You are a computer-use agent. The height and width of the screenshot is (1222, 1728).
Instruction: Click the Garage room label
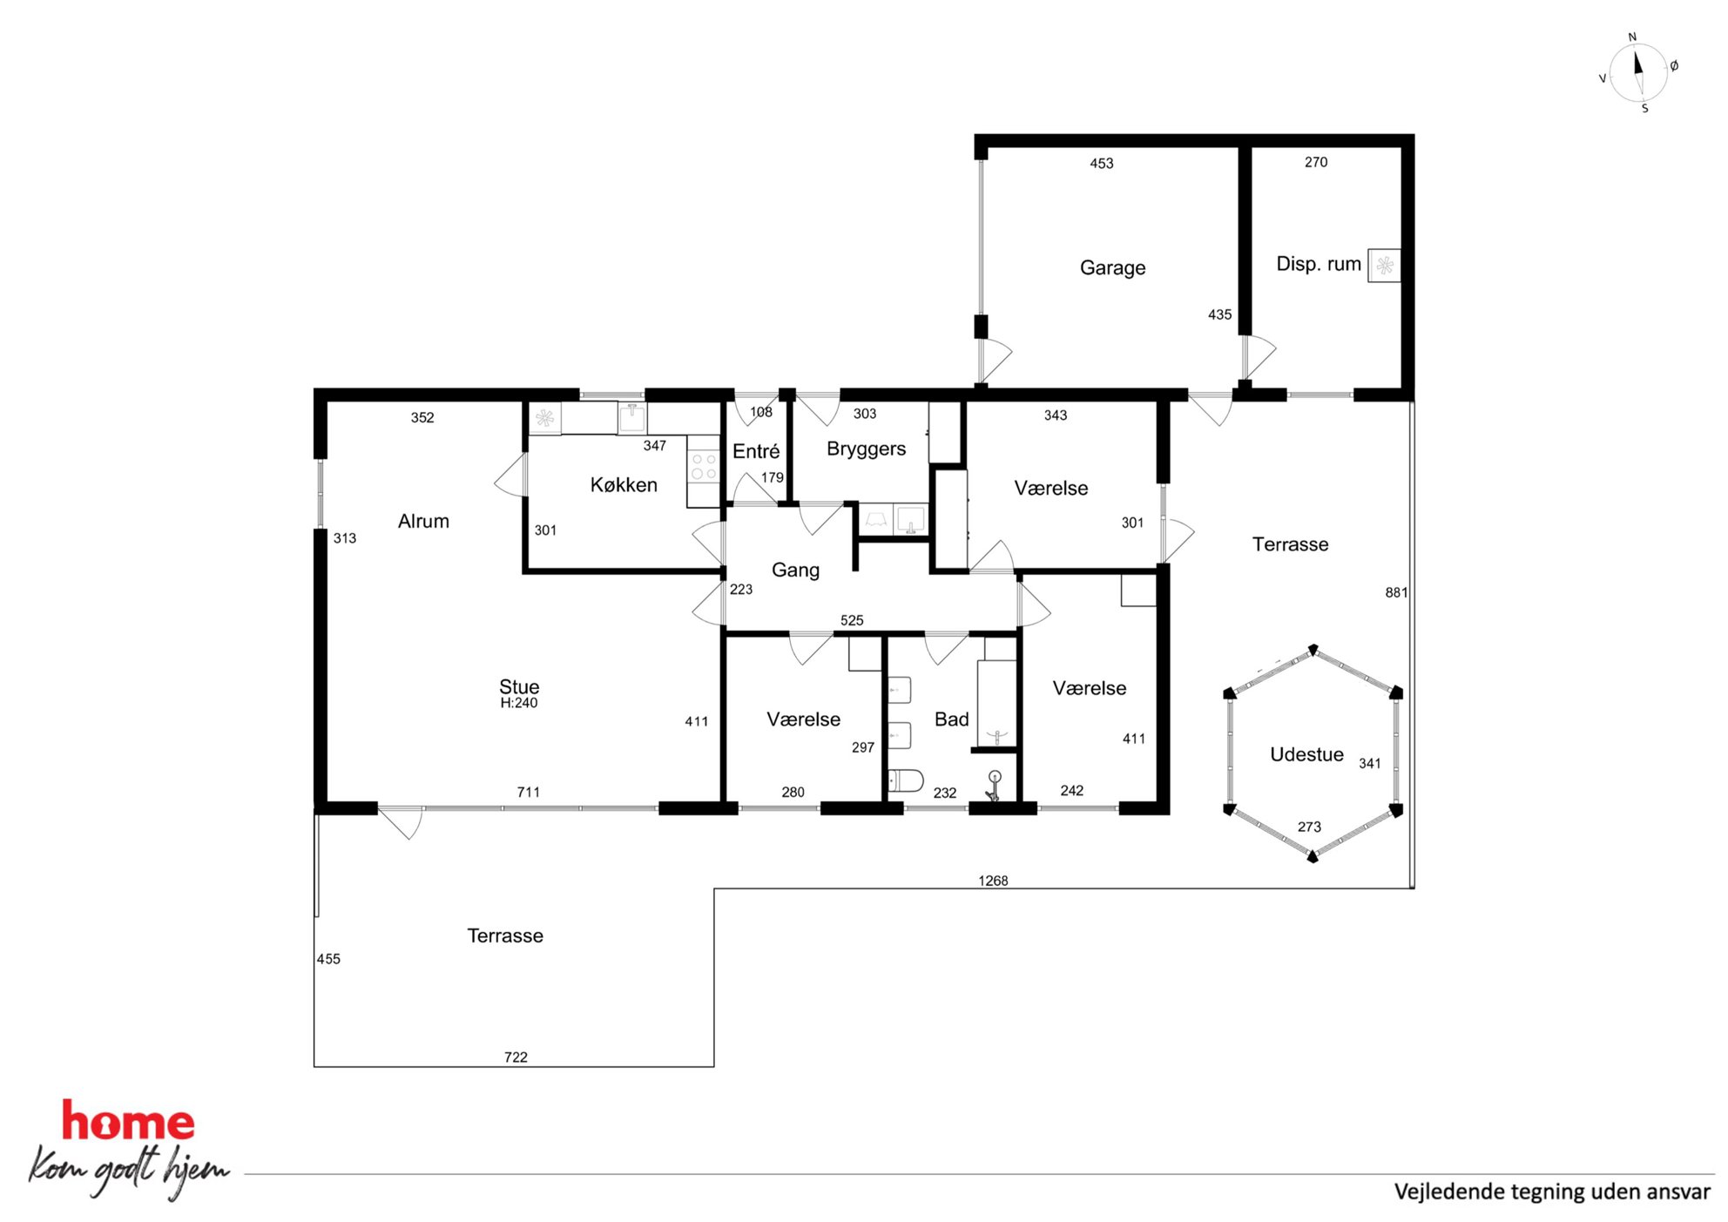[x=1112, y=268]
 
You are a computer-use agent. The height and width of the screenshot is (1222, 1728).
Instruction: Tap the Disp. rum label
[x=1318, y=264]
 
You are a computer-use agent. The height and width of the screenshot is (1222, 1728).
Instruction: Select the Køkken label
[x=624, y=485]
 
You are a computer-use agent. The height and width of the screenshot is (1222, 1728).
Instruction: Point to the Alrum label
[x=423, y=521]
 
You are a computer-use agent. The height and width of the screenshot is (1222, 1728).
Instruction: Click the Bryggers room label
[x=866, y=449]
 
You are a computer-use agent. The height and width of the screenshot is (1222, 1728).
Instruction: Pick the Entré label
[x=756, y=451]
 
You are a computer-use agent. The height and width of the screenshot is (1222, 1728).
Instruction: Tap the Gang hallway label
[x=795, y=570]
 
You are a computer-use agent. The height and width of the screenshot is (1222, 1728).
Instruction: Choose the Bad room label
[x=951, y=719]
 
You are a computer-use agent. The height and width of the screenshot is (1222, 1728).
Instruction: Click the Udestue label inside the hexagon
[x=1306, y=754]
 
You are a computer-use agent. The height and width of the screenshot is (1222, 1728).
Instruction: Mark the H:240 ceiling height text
[x=519, y=703]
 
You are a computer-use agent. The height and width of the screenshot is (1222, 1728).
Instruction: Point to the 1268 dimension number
[x=993, y=881]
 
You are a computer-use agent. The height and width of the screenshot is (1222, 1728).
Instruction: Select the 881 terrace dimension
[x=1396, y=592]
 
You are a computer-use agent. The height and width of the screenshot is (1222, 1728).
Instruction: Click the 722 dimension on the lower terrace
[x=516, y=1057]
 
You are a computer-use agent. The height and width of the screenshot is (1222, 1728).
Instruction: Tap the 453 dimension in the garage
[x=1102, y=163]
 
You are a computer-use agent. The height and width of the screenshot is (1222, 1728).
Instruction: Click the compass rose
[x=1638, y=73]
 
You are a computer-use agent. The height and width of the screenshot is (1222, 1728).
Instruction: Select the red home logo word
[x=128, y=1121]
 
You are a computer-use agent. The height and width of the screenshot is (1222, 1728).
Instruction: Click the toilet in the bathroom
[x=906, y=780]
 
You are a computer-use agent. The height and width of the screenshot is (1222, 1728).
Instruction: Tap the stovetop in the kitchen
[x=704, y=466]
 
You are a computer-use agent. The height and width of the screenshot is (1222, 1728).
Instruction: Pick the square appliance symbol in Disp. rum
[x=1384, y=266]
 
